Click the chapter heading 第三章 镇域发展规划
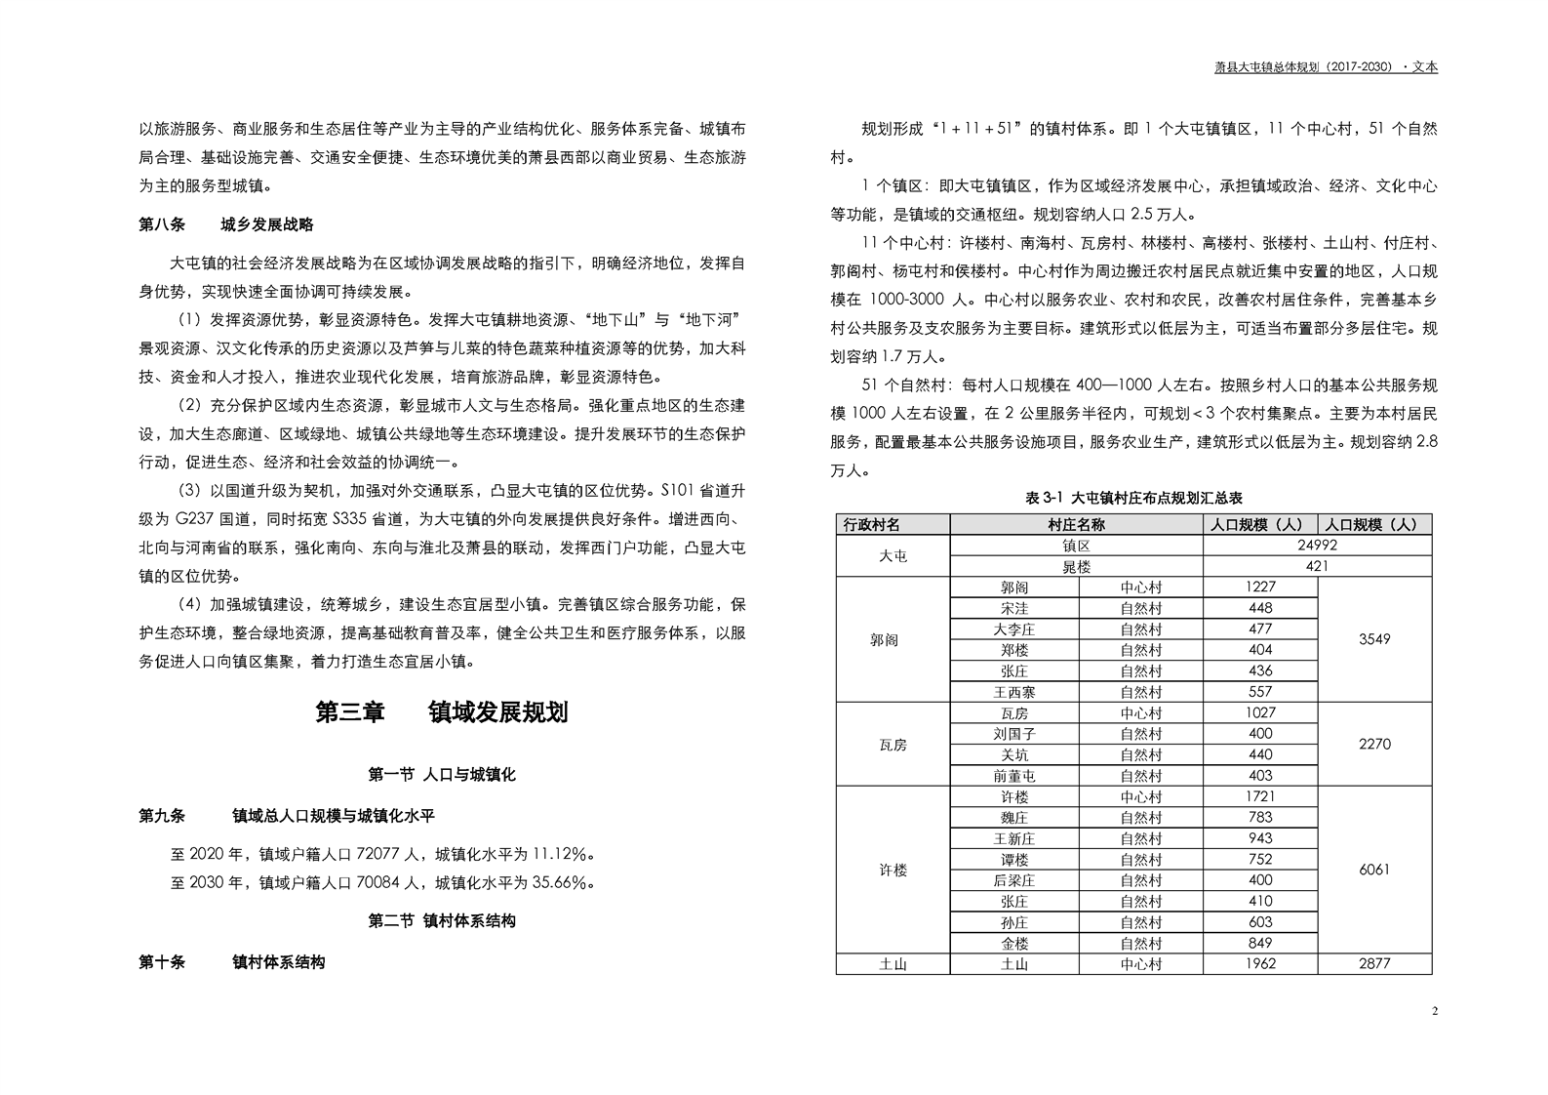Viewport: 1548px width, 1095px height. (442, 712)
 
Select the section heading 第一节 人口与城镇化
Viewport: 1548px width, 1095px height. (442, 775)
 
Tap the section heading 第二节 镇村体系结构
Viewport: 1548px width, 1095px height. (442, 920)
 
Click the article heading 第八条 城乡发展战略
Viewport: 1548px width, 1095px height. (226, 224)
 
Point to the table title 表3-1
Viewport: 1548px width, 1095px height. (1133, 498)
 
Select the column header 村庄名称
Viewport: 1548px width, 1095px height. (1076, 525)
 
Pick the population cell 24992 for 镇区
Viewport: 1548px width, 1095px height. (1318, 546)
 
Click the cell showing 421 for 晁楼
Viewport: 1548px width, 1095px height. (1318, 566)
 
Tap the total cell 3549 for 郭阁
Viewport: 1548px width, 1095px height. (1374, 639)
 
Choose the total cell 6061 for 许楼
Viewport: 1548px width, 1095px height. (1374, 870)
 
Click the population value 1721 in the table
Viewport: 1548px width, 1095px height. (1260, 796)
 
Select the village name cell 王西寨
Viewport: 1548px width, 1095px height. (1014, 692)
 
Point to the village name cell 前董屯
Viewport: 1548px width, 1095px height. (1014, 776)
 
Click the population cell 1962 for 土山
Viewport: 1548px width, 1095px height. (1260, 964)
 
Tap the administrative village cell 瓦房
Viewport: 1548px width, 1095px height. (893, 745)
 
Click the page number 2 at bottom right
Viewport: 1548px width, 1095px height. (1434, 1010)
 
